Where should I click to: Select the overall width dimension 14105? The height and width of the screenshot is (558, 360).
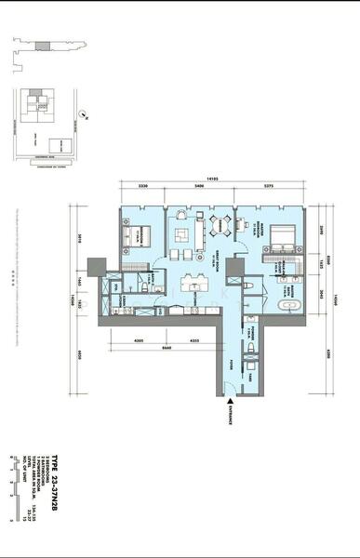coord(213,179)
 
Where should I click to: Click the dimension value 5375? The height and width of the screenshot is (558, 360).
coord(269,187)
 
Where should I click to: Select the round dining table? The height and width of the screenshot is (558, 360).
coord(221,223)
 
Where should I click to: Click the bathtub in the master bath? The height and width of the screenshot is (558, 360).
coord(288,304)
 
